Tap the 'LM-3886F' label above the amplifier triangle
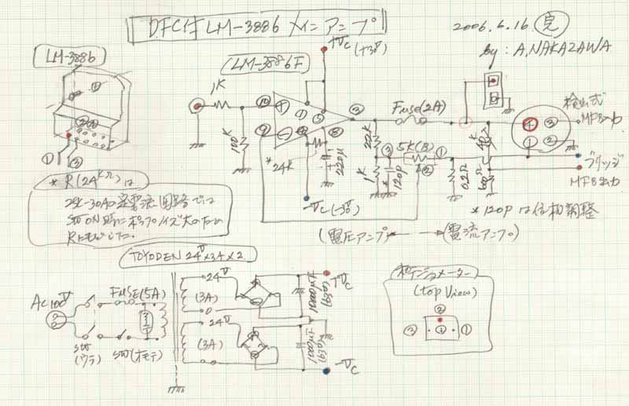pos(260,63)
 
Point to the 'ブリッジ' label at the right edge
pos(605,157)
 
